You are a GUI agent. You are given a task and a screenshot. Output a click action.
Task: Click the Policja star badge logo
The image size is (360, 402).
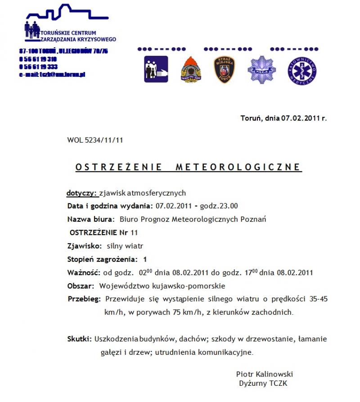point(262,69)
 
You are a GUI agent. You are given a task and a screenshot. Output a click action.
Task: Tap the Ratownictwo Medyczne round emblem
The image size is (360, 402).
point(302,70)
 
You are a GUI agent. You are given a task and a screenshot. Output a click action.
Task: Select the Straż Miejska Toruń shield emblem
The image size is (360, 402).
point(224,70)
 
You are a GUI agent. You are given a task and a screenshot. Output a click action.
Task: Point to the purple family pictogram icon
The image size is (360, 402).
point(156,69)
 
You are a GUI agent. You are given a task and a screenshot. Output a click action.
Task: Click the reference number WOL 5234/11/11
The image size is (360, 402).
point(95,140)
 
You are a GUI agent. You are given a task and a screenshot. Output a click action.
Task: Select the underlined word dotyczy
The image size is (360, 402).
point(82,193)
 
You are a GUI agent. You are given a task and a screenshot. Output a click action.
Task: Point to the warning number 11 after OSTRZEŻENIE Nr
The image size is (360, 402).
point(134,233)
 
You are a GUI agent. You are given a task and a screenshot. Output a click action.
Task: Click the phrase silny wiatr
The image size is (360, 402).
point(125,246)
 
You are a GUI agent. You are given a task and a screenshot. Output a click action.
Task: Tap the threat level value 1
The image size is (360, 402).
point(145,259)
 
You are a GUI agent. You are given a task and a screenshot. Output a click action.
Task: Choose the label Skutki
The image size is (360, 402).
point(80,339)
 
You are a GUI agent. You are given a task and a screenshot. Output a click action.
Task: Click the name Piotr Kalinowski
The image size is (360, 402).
point(265,374)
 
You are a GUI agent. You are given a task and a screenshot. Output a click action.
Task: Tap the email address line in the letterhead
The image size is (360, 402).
point(52,74)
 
